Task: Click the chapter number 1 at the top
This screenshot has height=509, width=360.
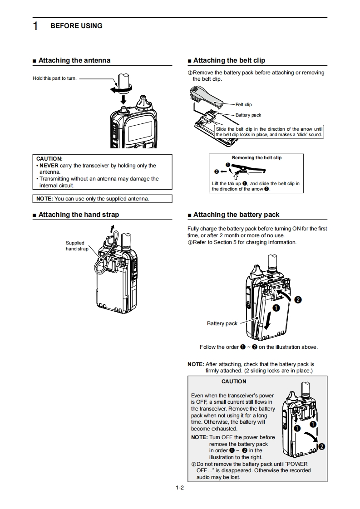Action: coord(35,26)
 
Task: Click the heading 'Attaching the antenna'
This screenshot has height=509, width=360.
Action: coord(74,60)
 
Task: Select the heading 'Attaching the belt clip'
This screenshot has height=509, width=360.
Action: coord(229,60)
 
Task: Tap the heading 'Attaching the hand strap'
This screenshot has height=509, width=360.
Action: coord(79,215)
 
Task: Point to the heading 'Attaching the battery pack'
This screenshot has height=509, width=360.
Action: coord(236,215)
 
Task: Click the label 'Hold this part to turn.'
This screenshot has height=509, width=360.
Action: coord(54,78)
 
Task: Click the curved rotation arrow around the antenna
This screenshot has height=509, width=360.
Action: coord(119,89)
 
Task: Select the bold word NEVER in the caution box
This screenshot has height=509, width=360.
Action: coord(49,166)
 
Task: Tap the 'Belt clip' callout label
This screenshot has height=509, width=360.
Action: coord(243,105)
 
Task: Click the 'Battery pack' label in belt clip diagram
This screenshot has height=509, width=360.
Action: coord(248,115)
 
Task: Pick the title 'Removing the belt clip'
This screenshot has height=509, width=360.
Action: coord(256,158)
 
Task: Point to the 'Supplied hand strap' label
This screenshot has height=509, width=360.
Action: coord(76,246)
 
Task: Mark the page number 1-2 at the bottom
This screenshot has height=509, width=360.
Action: coord(180,488)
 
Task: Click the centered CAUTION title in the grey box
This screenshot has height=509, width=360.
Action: coord(234,382)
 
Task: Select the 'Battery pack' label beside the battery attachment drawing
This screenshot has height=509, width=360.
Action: coord(222,323)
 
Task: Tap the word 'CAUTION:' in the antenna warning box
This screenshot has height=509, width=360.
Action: coord(49,159)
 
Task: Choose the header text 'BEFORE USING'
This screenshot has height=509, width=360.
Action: coord(76,26)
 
